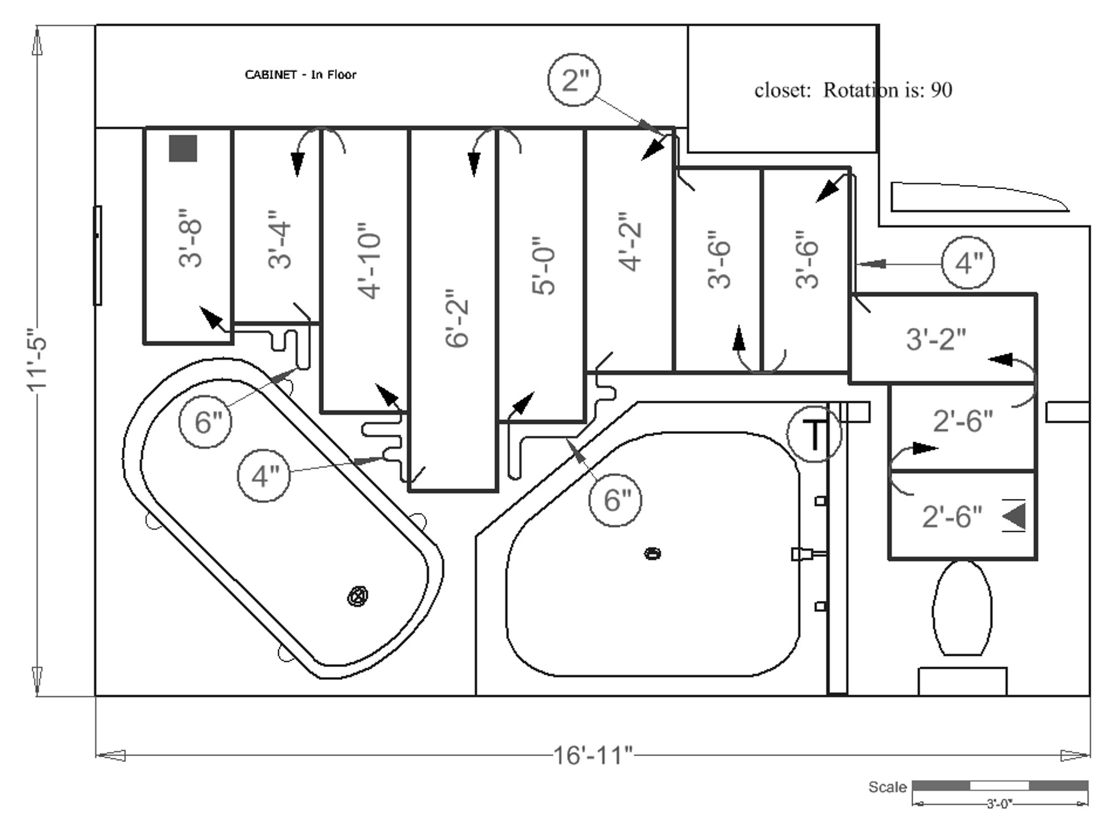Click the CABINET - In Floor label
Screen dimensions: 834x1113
pyautogui.click(x=301, y=75)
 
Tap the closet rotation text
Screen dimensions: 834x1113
pyautogui.click(x=853, y=90)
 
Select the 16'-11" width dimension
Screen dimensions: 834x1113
pyautogui.click(x=593, y=756)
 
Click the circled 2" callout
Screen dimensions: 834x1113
pyautogui.click(x=574, y=80)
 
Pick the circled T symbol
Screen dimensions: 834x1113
pyautogui.click(x=814, y=434)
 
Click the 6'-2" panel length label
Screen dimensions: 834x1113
pyautogui.click(x=458, y=318)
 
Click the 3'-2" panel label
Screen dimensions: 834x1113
pyautogui.click(x=936, y=339)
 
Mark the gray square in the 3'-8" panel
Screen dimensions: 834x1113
pyautogui.click(x=183, y=149)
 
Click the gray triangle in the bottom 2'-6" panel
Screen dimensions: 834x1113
pyautogui.click(x=1014, y=516)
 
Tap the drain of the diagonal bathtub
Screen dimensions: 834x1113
pyautogui.click(x=357, y=597)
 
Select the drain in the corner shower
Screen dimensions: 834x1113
pyautogui.click(x=653, y=554)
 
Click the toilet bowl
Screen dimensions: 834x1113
pyautogui.click(x=962, y=608)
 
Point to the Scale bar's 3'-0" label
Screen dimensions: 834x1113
pyautogui.click(x=999, y=804)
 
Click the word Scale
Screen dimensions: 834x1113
pyautogui.click(x=887, y=787)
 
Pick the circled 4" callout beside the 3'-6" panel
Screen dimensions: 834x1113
pyautogui.click(x=968, y=263)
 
